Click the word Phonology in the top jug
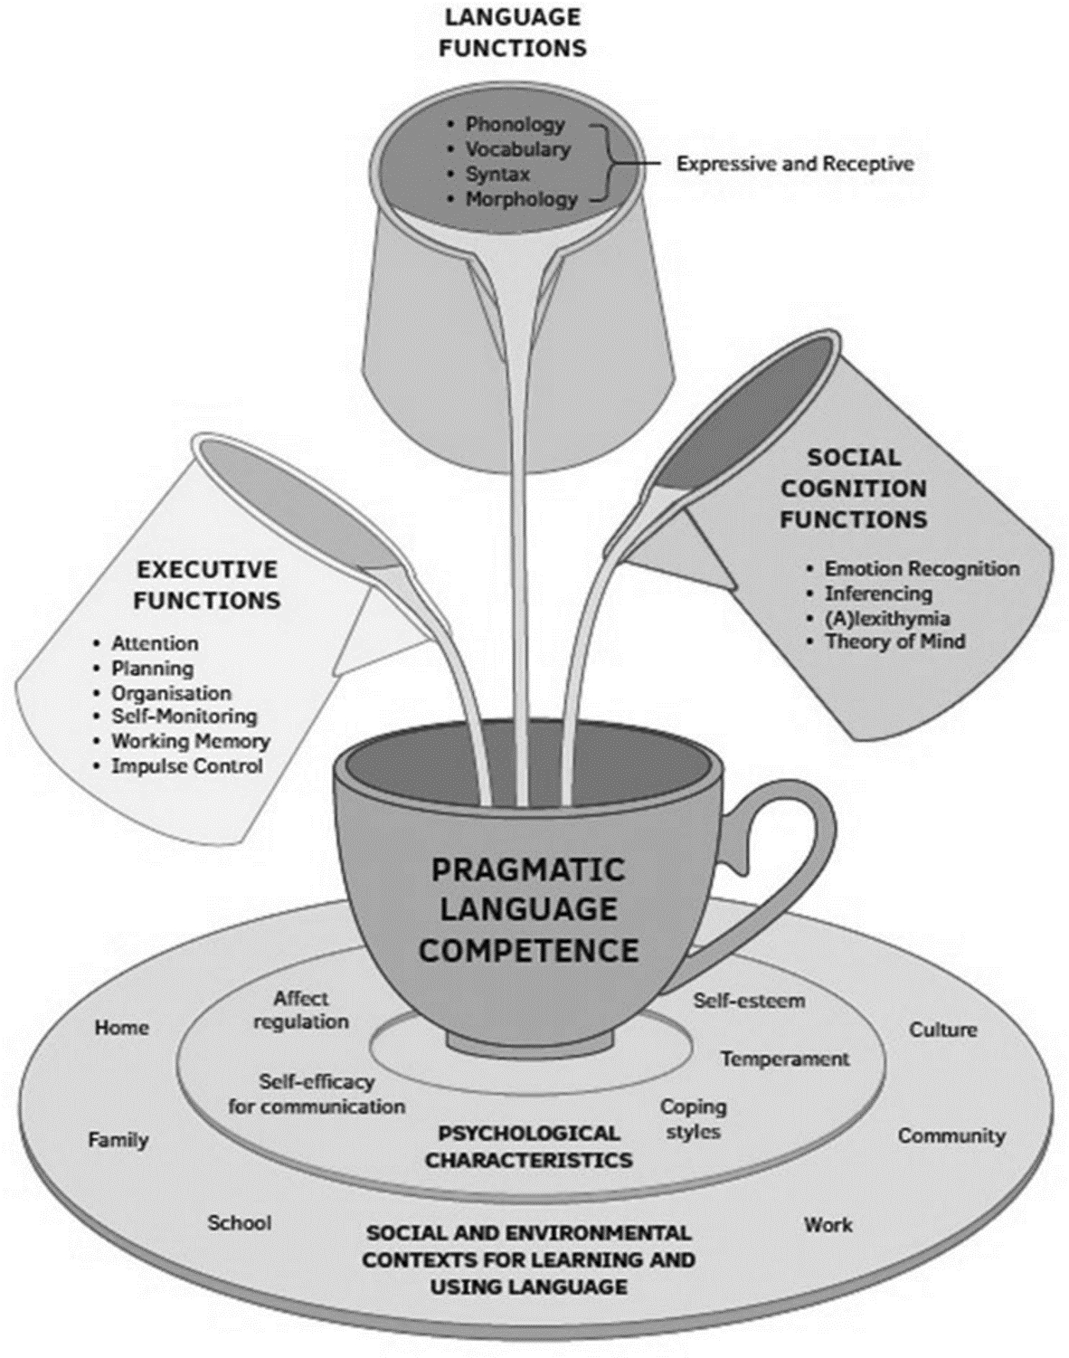(515, 124)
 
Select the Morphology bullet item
(521, 198)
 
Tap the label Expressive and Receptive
(795, 164)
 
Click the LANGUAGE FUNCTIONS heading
(512, 33)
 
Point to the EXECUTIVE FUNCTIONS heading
(207, 584)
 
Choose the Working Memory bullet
(190, 741)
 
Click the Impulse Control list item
(186, 766)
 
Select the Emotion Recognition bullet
(921, 569)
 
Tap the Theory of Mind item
(894, 641)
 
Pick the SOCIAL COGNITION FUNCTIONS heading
(854, 489)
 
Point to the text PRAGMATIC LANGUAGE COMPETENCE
(528, 909)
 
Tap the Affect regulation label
(301, 1010)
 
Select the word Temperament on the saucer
(784, 1059)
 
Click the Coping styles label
(693, 1119)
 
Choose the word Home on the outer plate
(121, 1028)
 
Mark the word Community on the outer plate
(951, 1135)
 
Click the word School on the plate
(239, 1223)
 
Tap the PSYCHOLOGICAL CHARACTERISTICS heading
(528, 1146)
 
